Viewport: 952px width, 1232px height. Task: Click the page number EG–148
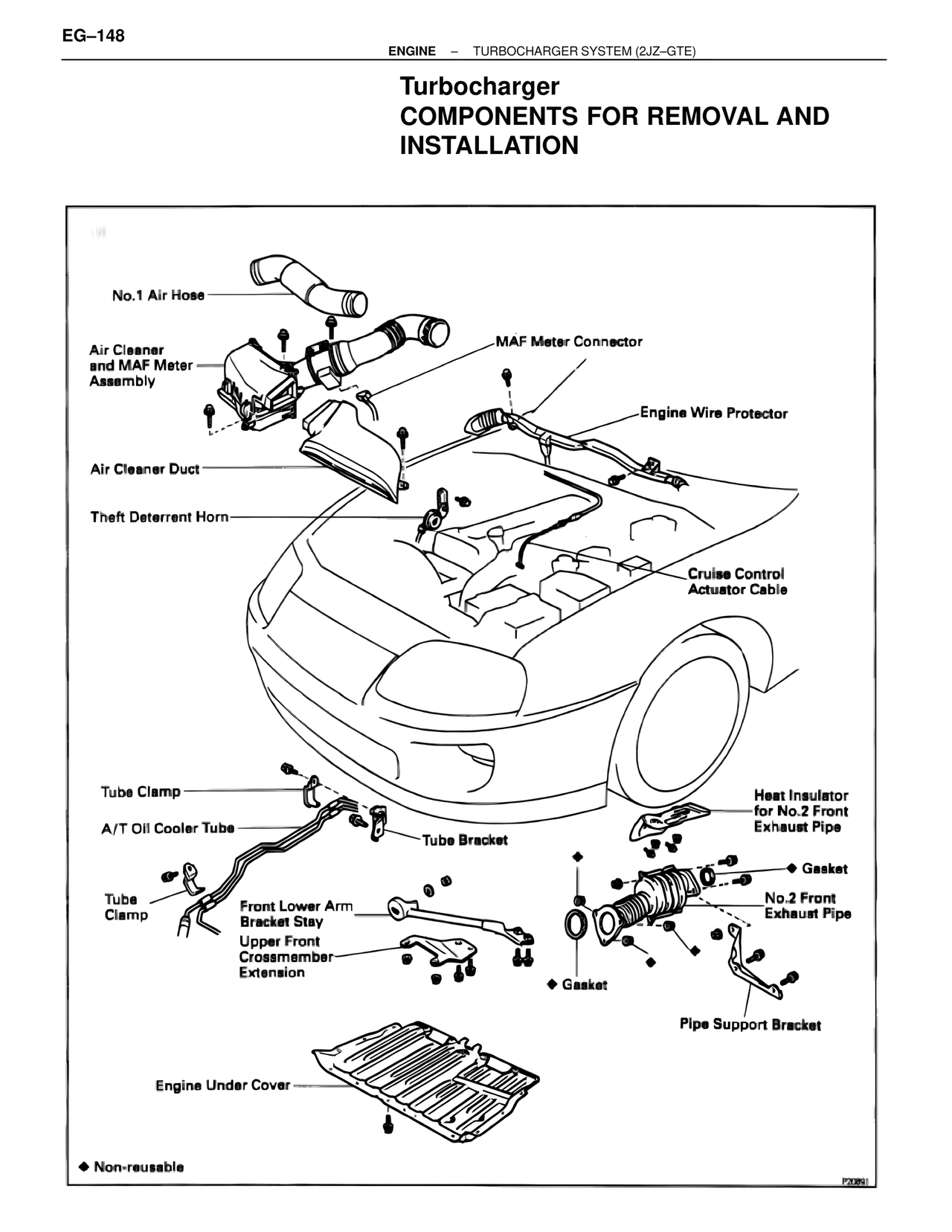(94, 35)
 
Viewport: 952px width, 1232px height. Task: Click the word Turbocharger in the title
(480, 86)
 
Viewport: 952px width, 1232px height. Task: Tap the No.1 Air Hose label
(158, 295)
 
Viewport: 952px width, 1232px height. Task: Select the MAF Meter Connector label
(569, 341)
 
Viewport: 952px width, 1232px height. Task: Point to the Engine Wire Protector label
(713, 413)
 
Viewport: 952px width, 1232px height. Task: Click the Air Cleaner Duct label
(145, 469)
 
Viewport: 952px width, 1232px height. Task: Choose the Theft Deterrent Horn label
(159, 516)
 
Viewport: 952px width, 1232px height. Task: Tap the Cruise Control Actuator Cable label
(736, 581)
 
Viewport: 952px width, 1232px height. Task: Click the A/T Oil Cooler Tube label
(167, 828)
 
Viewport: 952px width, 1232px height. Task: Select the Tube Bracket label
(465, 840)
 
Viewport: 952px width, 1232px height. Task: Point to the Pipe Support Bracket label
(750, 1024)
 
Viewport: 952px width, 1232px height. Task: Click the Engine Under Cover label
(222, 1085)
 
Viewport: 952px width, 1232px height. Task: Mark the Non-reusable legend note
(132, 1167)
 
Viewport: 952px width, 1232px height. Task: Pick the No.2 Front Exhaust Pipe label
(808, 905)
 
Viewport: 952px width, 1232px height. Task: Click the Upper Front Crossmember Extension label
(285, 957)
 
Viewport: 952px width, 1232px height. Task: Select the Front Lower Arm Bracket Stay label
(295, 914)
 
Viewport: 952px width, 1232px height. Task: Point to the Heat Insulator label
(800, 811)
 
